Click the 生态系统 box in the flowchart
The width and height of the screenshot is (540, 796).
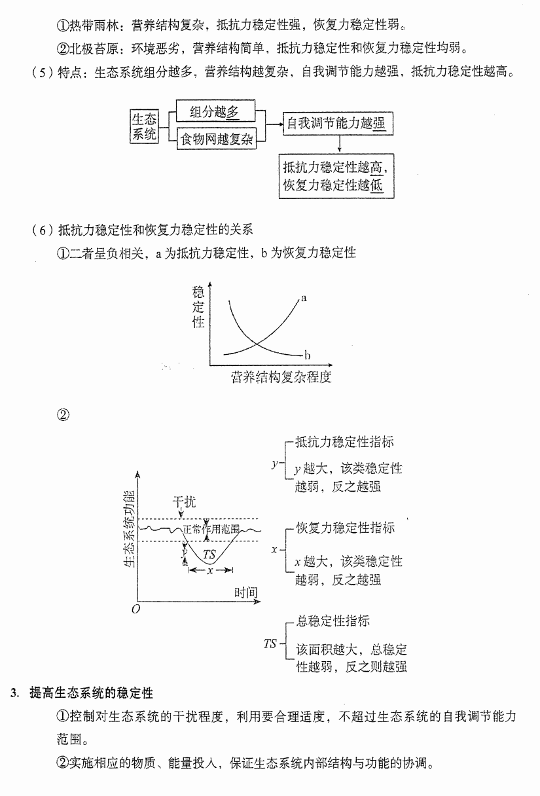coord(144,126)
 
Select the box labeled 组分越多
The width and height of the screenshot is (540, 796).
coord(215,111)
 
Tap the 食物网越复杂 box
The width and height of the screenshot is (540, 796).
coord(217,139)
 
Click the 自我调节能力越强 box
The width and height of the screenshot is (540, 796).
coord(338,124)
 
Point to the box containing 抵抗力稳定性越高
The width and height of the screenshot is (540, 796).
coord(336,176)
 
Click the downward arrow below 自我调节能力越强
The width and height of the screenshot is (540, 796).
coord(340,144)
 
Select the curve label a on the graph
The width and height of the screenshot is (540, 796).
coord(304,298)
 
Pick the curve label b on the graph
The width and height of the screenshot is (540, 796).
coord(307,355)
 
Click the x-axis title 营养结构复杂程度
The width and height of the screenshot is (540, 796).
coord(281,377)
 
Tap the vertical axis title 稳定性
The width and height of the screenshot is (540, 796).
coord(198,307)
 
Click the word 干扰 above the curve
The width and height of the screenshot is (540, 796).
coord(184,502)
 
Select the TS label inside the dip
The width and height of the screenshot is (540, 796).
coord(209,554)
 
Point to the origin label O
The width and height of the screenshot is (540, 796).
coord(135,609)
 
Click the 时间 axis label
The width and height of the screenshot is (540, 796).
coord(246,592)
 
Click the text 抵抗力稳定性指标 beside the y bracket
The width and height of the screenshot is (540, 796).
coord(344,442)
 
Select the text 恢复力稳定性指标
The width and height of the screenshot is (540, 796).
coord(346,528)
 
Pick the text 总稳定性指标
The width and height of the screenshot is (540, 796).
coord(333,621)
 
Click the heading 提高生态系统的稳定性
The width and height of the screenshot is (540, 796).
coord(91,693)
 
